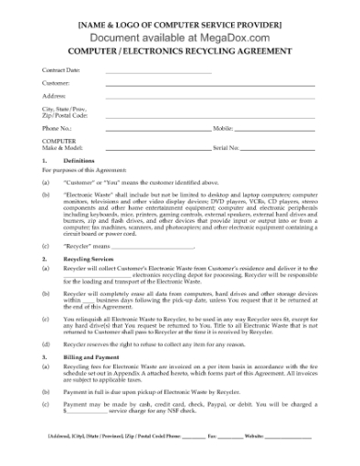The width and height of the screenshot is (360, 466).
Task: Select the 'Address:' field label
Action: [53, 94]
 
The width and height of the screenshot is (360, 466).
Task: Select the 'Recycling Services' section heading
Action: [89, 259]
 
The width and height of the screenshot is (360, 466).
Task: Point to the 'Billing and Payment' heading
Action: [92, 357]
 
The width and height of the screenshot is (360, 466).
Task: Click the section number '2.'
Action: [44, 259]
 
